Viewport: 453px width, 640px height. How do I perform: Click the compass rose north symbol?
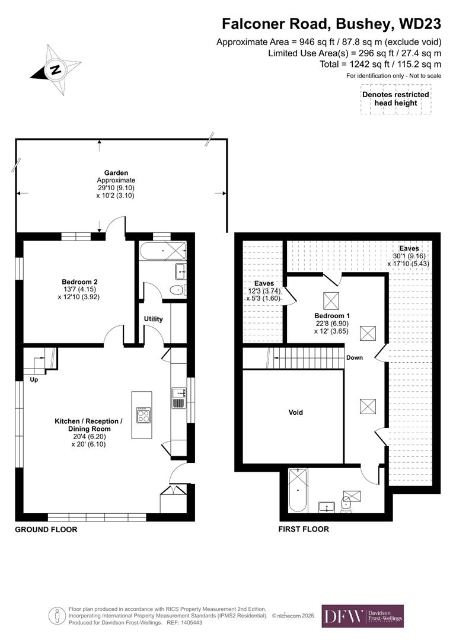tap(56, 69)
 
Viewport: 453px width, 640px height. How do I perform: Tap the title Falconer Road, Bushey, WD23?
tap(331, 24)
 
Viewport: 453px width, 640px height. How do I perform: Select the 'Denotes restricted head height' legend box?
tap(395, 99)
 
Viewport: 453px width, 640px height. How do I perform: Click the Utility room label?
tap(153, 319)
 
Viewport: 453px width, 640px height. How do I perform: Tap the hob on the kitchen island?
tap(142, 415)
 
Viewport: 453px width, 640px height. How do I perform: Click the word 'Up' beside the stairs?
tap(34, 380)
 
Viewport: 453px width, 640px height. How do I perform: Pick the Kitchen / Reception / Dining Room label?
tap(88, 421)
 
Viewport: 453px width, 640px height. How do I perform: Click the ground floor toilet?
tap(177, 290)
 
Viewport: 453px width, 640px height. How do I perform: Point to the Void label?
tap(295, 412)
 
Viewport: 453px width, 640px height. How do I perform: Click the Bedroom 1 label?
tap(330, 316)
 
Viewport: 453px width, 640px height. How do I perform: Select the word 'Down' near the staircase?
tap(355, 358)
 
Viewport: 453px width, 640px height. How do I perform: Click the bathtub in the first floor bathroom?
tap(296, 490)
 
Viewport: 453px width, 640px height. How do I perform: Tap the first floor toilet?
tap(347, 505)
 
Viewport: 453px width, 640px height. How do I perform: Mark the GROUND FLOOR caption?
tap(46, 529)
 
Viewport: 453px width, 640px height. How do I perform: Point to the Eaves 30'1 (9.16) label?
tap(409, 248)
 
